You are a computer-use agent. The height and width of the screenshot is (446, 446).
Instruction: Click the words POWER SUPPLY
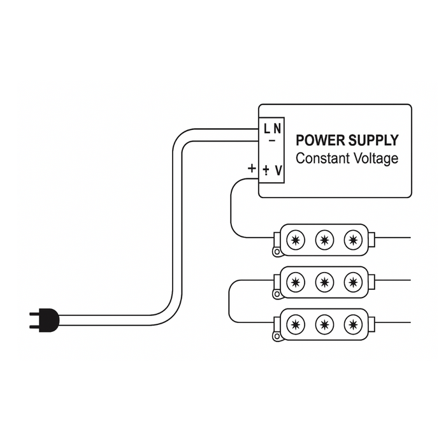[x=347, y=140]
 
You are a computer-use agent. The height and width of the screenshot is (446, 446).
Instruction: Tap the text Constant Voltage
[x=347, y=158]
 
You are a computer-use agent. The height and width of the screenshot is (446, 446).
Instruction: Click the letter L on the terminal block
[x=268, y=129]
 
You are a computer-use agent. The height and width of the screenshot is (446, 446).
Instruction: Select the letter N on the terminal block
[x=277, y=129]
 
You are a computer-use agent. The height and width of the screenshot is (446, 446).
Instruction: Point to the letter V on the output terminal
[x=278, y=170]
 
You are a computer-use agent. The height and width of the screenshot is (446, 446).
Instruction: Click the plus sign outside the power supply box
[x=252, y=169]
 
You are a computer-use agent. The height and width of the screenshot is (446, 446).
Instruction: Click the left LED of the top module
[x=295, y=240]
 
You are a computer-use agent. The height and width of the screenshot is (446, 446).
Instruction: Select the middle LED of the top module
[x=324, y=240]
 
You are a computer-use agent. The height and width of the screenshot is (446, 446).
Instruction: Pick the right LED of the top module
[x=353, y=240]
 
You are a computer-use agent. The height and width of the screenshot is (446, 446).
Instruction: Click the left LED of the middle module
[x=295, y=281]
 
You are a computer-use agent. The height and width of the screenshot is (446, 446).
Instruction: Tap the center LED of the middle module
[x=324, y=281]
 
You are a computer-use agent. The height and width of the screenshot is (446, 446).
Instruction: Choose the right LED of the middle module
[x=353, y=281]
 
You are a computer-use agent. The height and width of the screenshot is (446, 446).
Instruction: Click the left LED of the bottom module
[x=295, y=324]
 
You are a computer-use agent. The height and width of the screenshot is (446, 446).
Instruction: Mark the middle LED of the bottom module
[x=324, y=324]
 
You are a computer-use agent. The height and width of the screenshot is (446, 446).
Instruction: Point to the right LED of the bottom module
[x=353, y=324]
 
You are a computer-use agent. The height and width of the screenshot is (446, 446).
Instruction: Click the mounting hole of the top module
[x=277, y=252]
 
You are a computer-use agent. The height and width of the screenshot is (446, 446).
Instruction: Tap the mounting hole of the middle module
[x=277, y=294]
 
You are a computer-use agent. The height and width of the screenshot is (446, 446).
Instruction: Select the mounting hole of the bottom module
[x=277, y=337]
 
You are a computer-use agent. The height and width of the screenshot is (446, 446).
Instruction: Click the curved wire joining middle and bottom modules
[x=229, y=302]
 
